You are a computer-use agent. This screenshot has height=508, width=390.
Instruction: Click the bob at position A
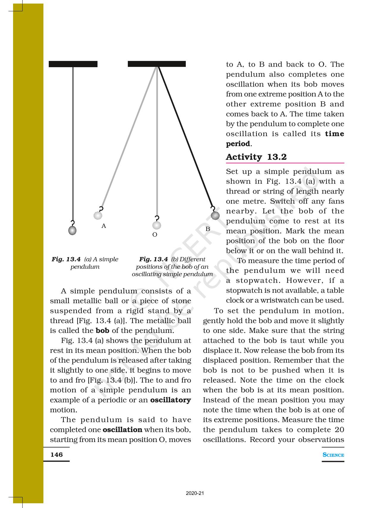[98, 215]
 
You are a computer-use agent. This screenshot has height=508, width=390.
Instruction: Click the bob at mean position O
[157, 225]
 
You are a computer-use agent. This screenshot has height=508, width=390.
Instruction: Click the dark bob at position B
[215, 216]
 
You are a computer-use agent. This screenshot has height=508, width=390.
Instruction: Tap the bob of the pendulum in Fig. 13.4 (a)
[72, 230]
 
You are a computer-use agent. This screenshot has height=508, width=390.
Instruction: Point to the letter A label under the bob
[103, 226]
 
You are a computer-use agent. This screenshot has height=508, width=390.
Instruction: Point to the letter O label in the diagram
[155, 235]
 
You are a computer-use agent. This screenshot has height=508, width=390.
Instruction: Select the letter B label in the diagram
[208, 229]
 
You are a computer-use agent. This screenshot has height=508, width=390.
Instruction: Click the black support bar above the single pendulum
[73, 64]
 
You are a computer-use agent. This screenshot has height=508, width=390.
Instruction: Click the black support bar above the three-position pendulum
[157, 64]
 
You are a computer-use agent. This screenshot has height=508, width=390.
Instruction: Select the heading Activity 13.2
[256, 157]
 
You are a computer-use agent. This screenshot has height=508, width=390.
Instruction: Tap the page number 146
[56, 454]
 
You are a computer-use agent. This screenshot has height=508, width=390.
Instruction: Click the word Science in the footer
[333, 455]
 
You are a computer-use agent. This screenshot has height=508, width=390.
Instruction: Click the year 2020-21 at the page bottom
[195, 493]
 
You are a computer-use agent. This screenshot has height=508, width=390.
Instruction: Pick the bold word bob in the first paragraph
[102, 331]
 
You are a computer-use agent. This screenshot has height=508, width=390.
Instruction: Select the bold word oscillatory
[170, 400]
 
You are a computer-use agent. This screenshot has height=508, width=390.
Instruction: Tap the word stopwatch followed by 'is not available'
[240, 290]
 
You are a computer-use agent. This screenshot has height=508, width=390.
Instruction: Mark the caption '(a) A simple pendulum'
[85, 263]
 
